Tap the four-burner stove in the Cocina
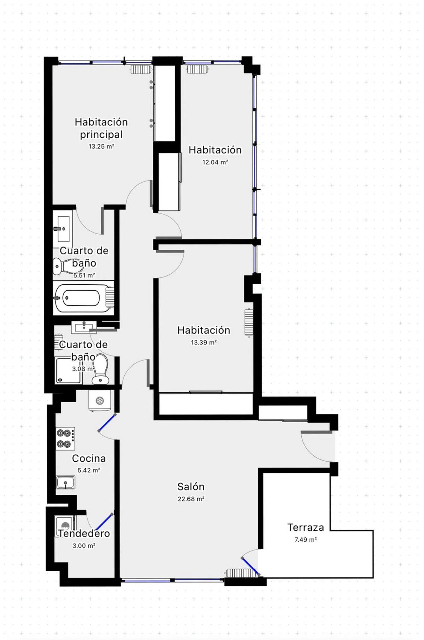65,438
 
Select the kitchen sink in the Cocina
65,482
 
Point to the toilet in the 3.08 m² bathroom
100,369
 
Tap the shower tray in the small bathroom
68,371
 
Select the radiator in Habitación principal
141,69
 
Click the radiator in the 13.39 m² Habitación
249,323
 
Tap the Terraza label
306,527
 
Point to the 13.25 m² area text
101,146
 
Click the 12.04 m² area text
215,162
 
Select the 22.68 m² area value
191,499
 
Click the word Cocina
89,459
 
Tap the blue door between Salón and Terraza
250,567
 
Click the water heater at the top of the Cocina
100,400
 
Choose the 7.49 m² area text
306,540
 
